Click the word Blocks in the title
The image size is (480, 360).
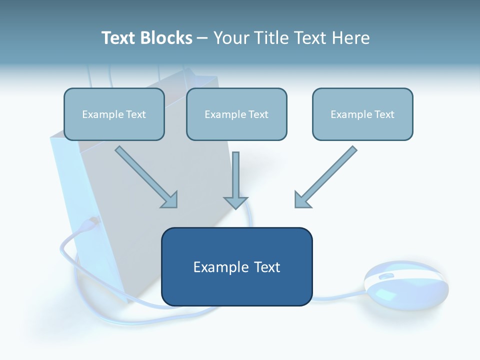point(166,38)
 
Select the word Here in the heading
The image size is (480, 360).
point(350,38)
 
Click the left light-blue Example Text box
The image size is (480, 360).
point(114,114)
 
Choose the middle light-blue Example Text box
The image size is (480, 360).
point(236,114)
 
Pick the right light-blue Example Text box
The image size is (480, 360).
point(362,114)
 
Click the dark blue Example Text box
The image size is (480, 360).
point(236,267)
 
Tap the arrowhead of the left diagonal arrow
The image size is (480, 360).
point(170,200)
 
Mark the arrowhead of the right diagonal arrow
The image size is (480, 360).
point(301,199)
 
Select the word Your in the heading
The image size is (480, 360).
point(232,38)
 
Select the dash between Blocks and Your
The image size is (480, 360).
point(202,38)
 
